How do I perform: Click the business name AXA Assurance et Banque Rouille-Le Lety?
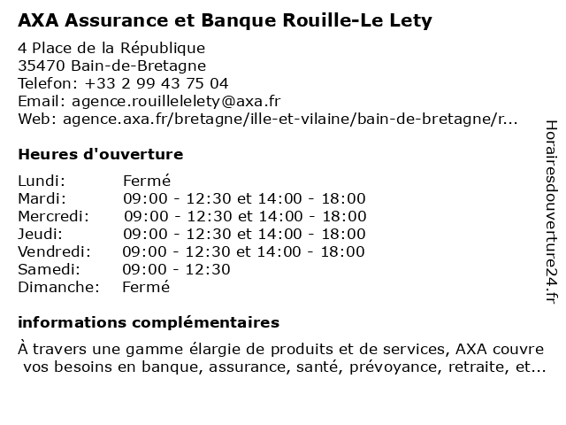(x=226, y=19)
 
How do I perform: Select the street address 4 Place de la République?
(x=111, y=48)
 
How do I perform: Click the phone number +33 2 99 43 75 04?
(x=157, y=83)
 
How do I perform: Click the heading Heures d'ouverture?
(x=100, y=154)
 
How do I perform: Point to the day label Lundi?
(x=41, y=181)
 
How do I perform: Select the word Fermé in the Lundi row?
(x=146, y=181)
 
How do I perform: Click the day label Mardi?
(x=42, y=198)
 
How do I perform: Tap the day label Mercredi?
(x=53, y=216)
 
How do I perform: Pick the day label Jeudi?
(x=40, y=234)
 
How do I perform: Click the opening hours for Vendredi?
(x=244, y=251)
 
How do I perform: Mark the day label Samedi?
(x=49, y=269)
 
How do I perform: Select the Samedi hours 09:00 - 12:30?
(x=176, y=269)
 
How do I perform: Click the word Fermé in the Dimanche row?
(x=146, y=287)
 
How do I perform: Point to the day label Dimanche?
(x=57, y=287)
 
